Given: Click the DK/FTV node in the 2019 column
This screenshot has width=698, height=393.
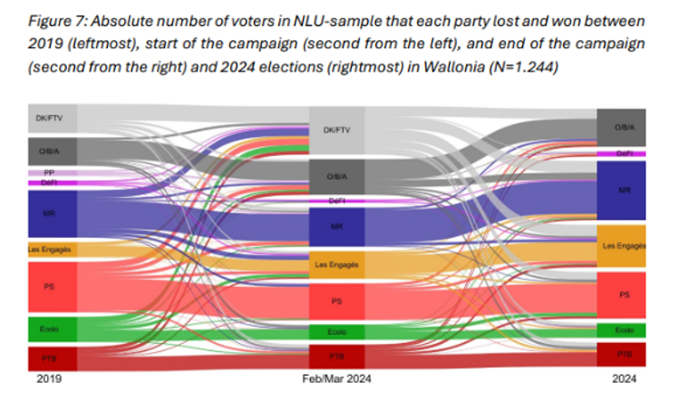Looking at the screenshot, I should coord(52,119).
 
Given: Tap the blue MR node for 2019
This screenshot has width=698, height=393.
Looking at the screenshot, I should coord(52,213).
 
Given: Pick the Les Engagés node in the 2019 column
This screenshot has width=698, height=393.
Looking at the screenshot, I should coord(52,248).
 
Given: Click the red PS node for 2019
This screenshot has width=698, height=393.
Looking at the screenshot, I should coord(52,286).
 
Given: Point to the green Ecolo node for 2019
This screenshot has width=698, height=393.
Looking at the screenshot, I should coord(52,328).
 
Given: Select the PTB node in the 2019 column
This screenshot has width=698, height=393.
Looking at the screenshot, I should coord(52,358).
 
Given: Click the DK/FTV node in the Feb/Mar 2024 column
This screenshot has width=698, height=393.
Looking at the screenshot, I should coord(336,131).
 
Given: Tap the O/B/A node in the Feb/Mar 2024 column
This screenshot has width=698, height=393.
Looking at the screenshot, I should coord(336,176).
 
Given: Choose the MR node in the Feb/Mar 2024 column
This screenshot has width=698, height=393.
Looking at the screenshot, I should coord(336,226).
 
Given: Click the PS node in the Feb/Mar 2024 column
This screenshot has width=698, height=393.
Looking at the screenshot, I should coord(336,300).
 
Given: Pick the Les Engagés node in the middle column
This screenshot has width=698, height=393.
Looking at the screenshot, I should coord(336,265).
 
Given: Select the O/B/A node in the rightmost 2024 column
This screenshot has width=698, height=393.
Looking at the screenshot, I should coord(621,128).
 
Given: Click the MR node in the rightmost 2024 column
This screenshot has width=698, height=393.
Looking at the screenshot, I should coord(621,191).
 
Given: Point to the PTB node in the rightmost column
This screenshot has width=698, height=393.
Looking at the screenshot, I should coord(621,353).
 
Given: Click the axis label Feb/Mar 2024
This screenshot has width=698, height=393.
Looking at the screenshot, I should coord(337,378).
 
